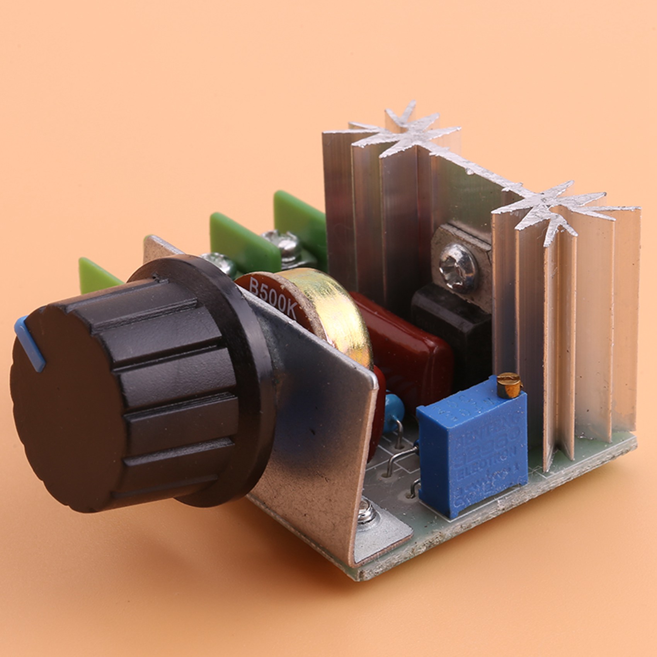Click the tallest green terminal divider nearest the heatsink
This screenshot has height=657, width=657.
click(x=298, y=216)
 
